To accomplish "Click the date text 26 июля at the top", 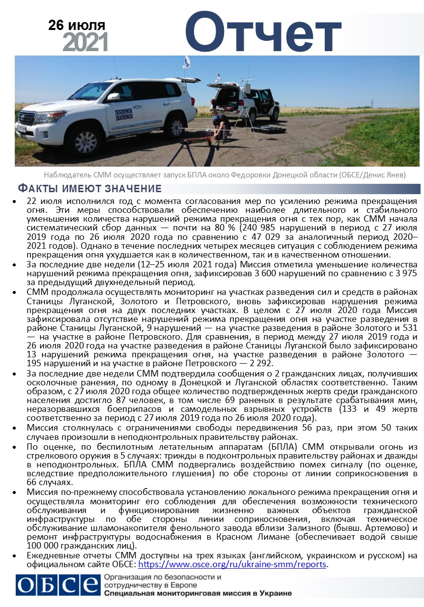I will pyautogui.click(x=77, y=25).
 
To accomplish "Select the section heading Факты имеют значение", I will pyautogui.click(x=89, y=188).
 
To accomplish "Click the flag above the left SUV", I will pyautogui.click(x=187, y=61).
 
